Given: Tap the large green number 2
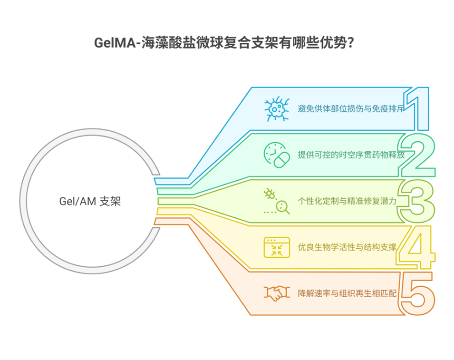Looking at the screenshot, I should click(417, 155).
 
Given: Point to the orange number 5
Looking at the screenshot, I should click(417, 292).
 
